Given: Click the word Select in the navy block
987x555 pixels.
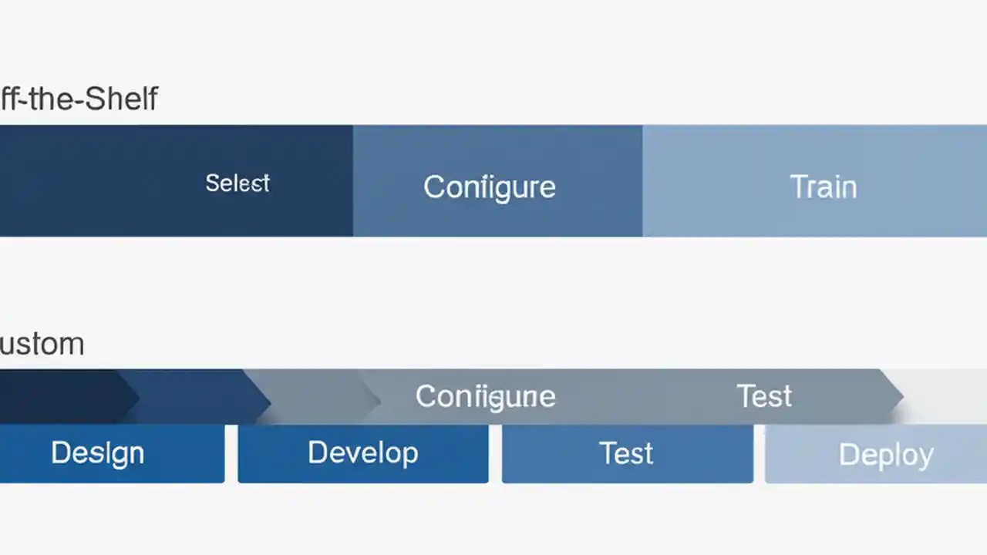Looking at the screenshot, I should (237, 183).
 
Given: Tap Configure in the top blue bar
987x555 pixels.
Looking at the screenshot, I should (489, 187).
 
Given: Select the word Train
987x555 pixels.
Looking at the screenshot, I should (823, 187).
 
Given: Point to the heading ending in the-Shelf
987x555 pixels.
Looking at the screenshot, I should (79, 99).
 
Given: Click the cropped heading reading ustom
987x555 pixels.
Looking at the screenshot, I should (42, 343).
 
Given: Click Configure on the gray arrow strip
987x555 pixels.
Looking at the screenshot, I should (485, 396).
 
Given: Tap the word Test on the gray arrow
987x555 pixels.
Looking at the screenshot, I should (763, 396).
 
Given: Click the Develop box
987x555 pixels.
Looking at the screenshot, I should (362, 453).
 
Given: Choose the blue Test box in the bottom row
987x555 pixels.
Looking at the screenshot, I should (626, 453).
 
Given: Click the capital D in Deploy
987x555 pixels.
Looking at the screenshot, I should (847, 455).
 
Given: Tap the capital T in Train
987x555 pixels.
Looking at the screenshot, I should (798, 187).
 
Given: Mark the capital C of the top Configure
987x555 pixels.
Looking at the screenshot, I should (433, 187).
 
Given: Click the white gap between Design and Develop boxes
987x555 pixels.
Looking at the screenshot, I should (231, 453).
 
